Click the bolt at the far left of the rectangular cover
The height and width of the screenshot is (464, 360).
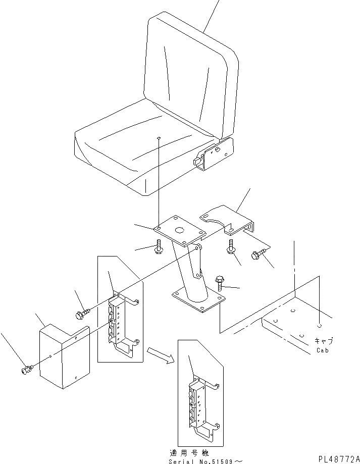pyautogui.click(x=26, y=371)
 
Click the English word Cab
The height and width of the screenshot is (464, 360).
pyautogui.click(x=322, y=350)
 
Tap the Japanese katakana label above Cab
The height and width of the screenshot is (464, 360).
pyautogui.click(x=323, y=341)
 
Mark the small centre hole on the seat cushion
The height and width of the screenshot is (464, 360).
pyautogui.click(x=159, y=137)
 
